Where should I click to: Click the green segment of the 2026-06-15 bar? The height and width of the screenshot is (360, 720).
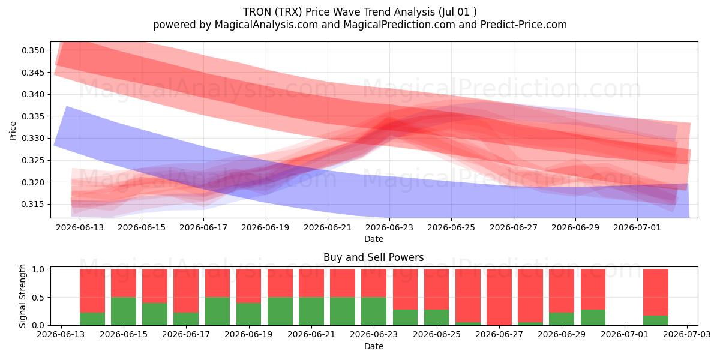(x=124, y=311)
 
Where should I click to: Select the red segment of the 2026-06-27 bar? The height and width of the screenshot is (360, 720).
(x=499, y=296)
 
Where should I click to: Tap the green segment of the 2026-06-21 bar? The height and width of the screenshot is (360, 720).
(x=311, y=311)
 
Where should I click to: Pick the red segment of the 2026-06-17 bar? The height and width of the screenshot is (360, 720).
(x=186, y=290)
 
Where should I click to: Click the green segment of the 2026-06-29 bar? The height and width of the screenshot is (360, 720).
(x=562, y=319)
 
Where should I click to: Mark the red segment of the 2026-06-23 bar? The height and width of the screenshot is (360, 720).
(x=373, y=283)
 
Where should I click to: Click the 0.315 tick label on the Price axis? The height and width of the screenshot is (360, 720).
(x=33, y=205)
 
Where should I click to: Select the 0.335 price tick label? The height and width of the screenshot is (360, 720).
(x=33, y=116)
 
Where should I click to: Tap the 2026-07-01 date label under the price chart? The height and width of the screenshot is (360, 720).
(x=637, y=227)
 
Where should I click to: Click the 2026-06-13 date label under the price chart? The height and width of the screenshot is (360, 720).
(x=80, y=227)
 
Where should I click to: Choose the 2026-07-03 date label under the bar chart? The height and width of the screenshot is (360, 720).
(x=687, y=335)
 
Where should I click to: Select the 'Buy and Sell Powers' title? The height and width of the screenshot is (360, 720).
(x=373, y=257)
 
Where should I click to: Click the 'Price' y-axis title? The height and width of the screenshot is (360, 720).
(x=13, y=131)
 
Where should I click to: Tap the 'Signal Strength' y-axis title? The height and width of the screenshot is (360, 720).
(x=22, y=296)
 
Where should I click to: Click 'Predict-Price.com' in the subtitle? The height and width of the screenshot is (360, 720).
(x=524, y=25)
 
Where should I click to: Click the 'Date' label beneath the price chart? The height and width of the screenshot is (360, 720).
(x=373, y=239)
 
